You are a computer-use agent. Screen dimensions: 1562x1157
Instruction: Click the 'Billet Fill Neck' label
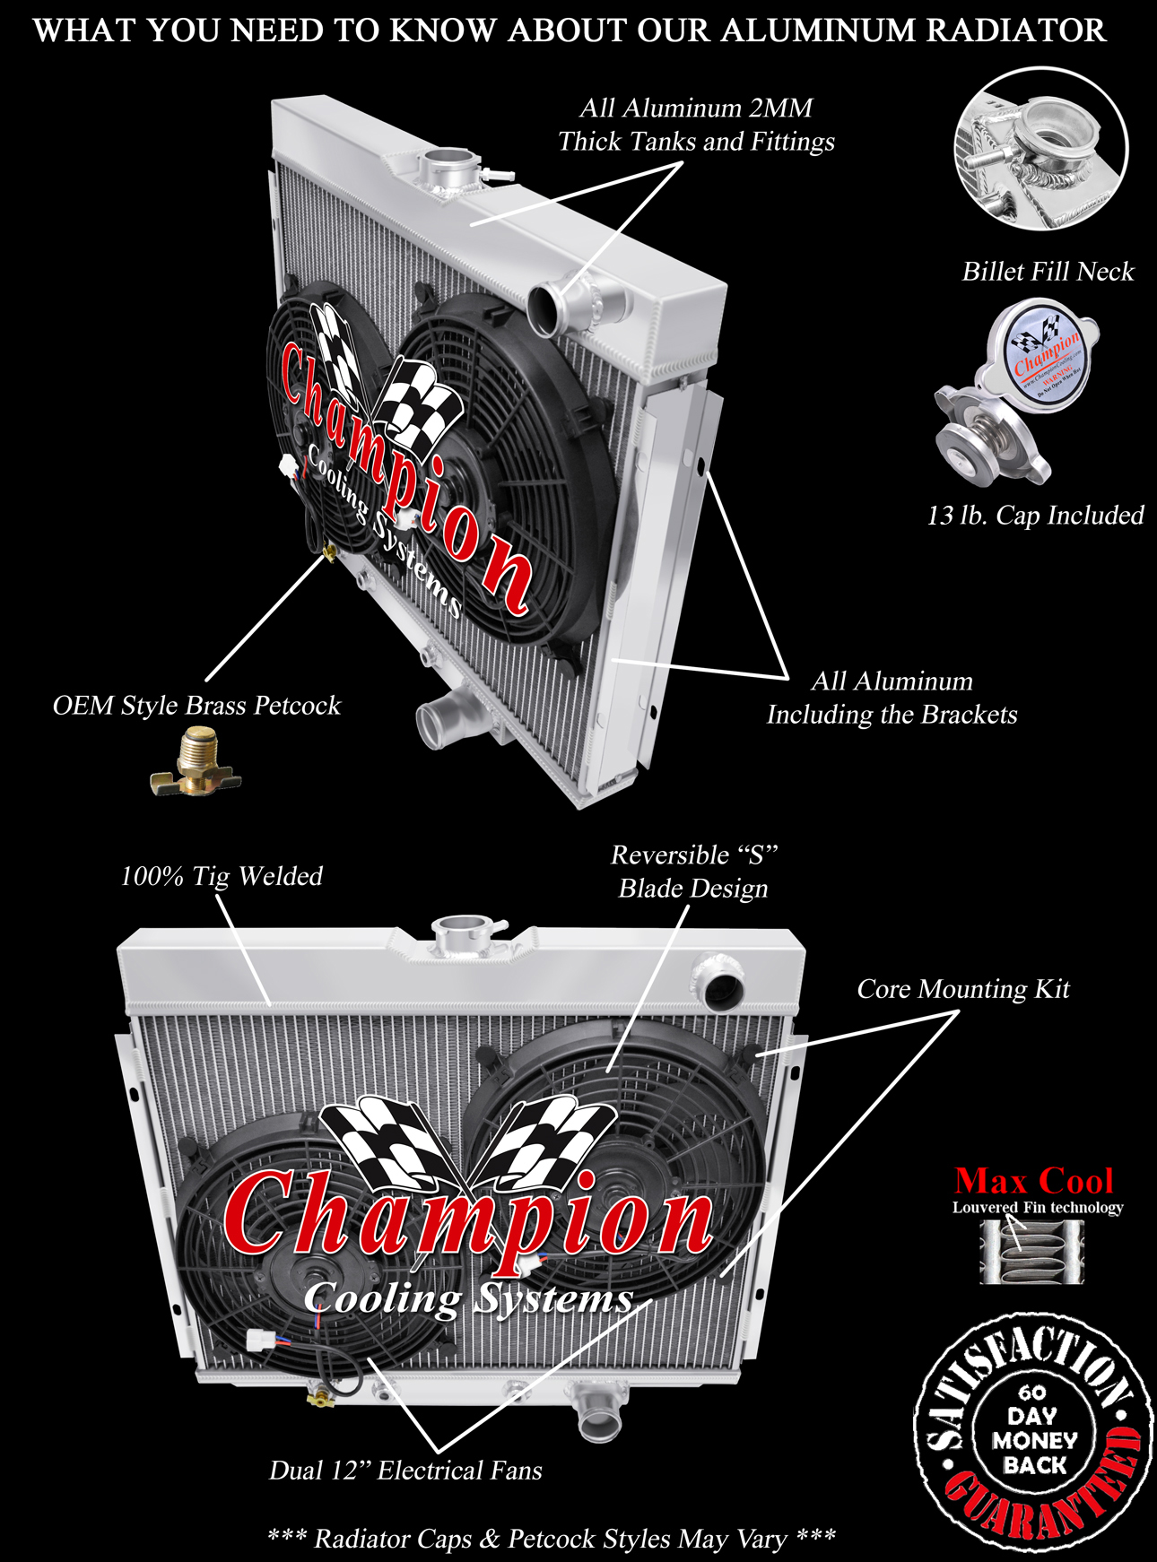(x=1048, y=272)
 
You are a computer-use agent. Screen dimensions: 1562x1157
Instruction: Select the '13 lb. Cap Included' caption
(x=1035, y=516)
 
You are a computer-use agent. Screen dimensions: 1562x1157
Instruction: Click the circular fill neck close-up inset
(x=1041, y=147)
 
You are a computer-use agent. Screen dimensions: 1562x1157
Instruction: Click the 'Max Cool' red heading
(x=1033, y=1181)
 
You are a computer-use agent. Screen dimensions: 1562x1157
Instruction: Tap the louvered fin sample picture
(x=1031, y=1252)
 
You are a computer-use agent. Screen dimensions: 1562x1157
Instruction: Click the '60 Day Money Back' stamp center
(x=1033, y=1430)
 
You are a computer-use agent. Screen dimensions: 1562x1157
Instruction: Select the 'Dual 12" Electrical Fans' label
(x=405, y=1471)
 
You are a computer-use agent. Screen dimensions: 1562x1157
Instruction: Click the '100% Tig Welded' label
(x=222, y=876)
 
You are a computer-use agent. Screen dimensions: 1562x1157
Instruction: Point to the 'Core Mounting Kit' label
(x=963, y=989)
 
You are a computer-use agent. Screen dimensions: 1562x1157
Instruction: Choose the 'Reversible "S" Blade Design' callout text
(x=693, y=872)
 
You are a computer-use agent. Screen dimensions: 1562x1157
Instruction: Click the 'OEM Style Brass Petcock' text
(x=196, y=706)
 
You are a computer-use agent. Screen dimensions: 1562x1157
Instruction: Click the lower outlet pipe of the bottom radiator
(x=596, y=1410)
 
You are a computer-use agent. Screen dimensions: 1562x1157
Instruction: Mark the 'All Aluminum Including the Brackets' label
(x=892, y=698)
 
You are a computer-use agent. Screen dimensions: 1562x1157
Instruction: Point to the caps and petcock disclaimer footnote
(x=552, y=1539)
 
